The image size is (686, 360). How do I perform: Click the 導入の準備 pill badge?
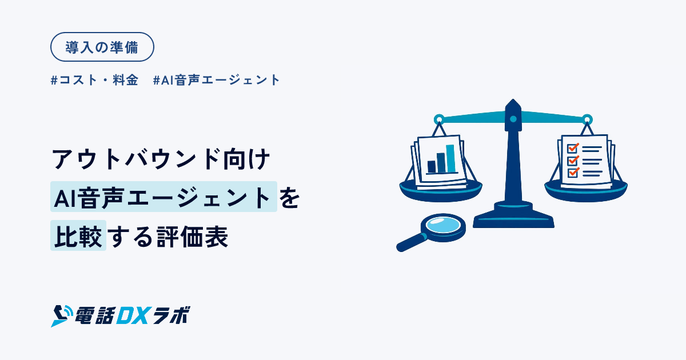point(102,47)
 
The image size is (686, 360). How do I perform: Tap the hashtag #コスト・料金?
point(94,80)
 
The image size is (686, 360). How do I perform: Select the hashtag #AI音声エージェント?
point(216,80)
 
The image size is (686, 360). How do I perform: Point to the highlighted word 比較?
point(78,235)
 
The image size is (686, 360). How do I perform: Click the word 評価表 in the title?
point(192,237)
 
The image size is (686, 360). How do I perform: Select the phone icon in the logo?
point(61,316)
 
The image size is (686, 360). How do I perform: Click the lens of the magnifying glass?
point(443,226)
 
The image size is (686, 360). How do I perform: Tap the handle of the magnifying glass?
point(411,243)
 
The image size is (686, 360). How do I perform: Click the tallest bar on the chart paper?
point(450,159)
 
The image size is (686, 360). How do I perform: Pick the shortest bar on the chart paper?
point(432,167)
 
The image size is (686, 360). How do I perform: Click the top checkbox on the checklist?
point(572,148)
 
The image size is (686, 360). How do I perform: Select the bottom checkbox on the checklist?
point(572,173)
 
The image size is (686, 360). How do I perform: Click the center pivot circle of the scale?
point(513,119)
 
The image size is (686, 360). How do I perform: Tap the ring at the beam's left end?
point(439,119)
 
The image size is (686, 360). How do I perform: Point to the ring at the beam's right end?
point(587,119)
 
